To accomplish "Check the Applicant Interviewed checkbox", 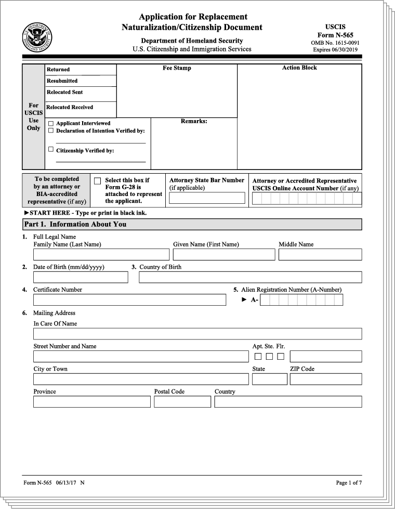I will coord(51,123).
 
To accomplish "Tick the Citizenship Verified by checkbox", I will coord(51,150).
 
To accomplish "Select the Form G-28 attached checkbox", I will coord(97,181).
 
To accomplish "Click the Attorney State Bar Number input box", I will coord(207,198).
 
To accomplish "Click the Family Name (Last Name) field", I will coord(101,254).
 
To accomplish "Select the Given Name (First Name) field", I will coord(223,254).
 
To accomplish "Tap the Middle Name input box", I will coord(320,254).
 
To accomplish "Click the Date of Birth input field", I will coord(81,277).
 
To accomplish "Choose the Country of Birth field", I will coord(250,277).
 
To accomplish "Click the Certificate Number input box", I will coord(129,300).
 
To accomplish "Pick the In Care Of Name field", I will coord(197,334).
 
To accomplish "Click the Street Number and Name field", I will coord(141,356).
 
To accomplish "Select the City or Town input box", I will coord(141,379).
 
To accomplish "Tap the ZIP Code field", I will coord(325,379).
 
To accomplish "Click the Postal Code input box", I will coord(182,402).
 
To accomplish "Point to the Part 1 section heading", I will coord(75,224).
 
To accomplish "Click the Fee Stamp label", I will coord(177,68).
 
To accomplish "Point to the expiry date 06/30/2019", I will coord(335,50).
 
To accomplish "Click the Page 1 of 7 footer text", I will coord(349,483).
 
